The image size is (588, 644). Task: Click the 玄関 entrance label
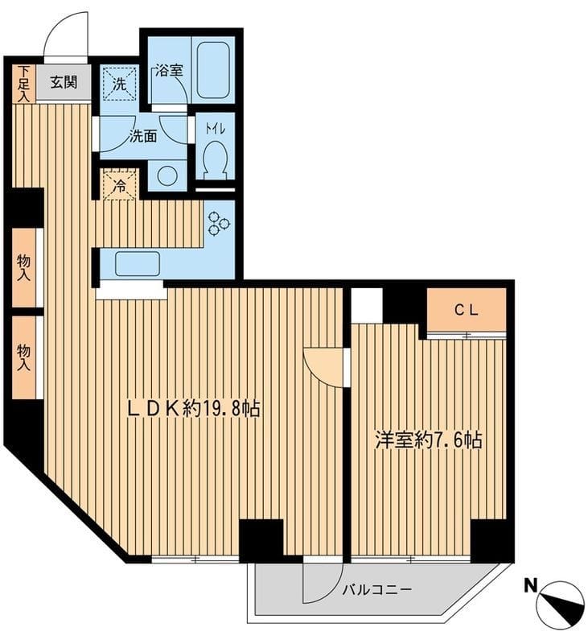[x=64, y=82]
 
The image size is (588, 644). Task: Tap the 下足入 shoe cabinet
[x=24, y=84]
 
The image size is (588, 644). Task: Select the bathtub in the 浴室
[x=212, y=69]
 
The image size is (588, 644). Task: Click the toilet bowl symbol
[x=215, y=159]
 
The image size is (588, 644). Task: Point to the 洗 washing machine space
[x=119, y=85]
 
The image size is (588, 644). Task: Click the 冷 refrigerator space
[x=119, y=185]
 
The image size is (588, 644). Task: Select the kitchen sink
[x=137, y=264]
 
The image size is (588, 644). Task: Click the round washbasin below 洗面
[x=167, y=175]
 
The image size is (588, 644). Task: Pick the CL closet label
[x=466, y=311]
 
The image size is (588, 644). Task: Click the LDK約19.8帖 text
[x=194, y=409]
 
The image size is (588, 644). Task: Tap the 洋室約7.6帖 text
[x=429, y=440]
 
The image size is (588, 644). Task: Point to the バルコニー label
[x=376, y=590]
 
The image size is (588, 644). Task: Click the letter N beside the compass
[x=531, y=585]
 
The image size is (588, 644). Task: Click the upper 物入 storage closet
[x=24, y=268]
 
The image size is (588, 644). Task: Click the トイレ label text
[x=216, y=129]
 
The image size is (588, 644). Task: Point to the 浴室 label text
[x=169, y=71]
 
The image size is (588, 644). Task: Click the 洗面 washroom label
[x=143, y=136]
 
